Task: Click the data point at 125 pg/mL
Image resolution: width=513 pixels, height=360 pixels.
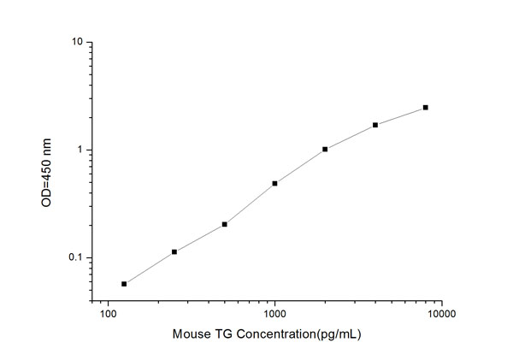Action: (x=124, y=284)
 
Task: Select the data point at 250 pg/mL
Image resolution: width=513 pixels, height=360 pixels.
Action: (x=174, y=251)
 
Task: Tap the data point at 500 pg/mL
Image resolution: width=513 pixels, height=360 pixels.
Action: (x=225, y=224)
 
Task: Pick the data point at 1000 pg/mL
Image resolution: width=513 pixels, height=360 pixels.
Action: (x=274, y=183)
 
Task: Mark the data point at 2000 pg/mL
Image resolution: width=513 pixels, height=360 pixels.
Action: (x=325, y=150)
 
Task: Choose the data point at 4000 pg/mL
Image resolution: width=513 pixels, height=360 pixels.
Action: (x=375, y=125)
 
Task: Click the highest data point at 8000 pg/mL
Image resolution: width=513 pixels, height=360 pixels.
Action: (x=426, y=108)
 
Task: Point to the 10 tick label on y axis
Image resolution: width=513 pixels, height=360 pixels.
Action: (x=76, y=42)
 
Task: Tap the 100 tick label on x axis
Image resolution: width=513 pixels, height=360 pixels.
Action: (x=108, y=315)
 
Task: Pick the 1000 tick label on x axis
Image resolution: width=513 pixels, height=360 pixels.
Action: (x=274, y=315)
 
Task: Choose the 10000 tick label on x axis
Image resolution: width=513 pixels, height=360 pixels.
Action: (x=441, y=315)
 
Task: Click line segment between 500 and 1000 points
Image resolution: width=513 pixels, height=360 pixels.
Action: (x=250, y=204)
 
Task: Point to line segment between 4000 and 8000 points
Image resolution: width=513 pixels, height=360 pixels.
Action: (x=400, y=116)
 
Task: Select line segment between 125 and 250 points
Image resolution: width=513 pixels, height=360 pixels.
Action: (x=150, y=268)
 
